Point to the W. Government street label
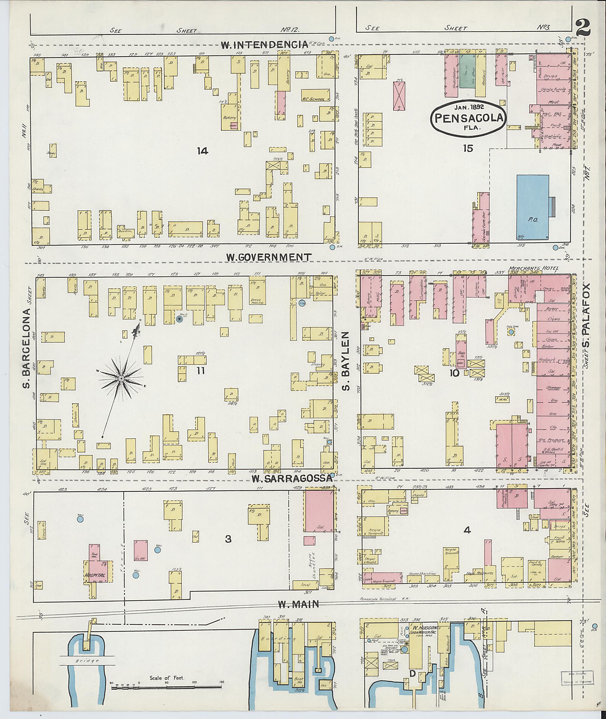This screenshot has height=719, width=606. coord(269,257)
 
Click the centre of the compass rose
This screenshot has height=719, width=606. coord(121,378)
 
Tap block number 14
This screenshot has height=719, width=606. coord(203,151)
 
